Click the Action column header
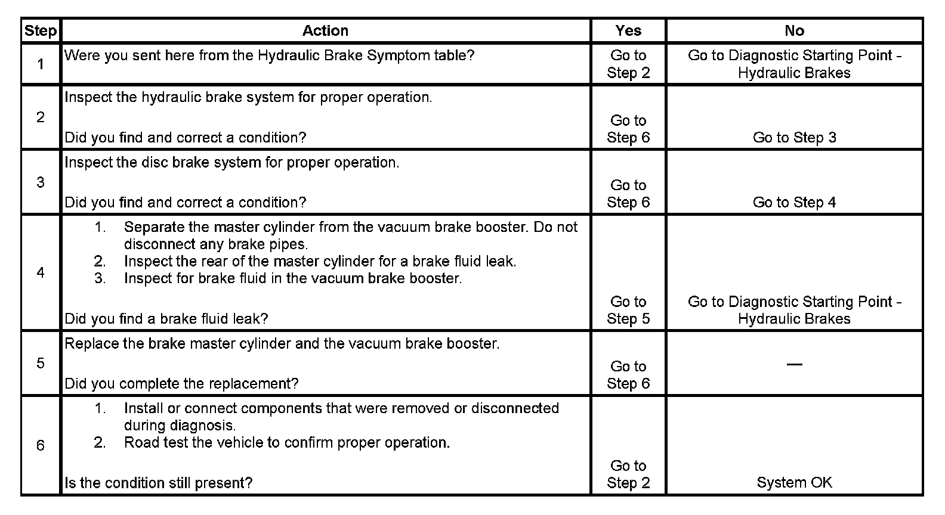(x=325, y=31)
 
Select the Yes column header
(x=628, y=31)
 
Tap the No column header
(x=794, y=31)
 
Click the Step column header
(x=41, y=31)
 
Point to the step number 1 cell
(x=41, y=64)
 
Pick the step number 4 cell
(x=41, y=272)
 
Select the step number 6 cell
(x=41, y=445)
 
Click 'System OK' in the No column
(x=794, y=483)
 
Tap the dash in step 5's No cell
(x=794, y=364)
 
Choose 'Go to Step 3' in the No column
(x=794, y=138)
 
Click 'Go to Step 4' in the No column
(x=794, y=203)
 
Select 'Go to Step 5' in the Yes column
(x=628, y=310)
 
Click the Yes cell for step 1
(x=628, y=64)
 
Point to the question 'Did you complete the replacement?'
(x=181, y=384)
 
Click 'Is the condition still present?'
(x=158, y=483)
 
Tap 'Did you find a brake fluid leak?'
(x=166, y=319)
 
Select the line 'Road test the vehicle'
(x=287, y=443)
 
